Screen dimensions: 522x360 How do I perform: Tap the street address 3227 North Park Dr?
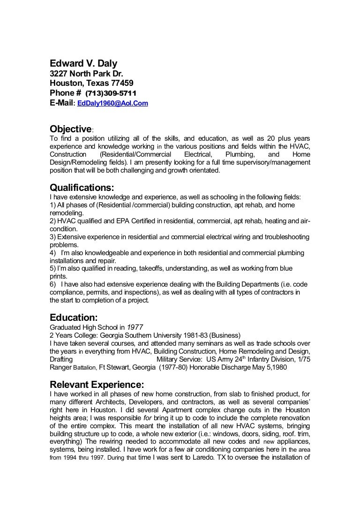click(87, 74)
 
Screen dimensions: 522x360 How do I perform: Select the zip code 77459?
click(119, 83)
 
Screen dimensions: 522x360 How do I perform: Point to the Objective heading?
click(71, 129)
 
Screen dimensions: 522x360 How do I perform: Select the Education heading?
click(74, 318)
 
